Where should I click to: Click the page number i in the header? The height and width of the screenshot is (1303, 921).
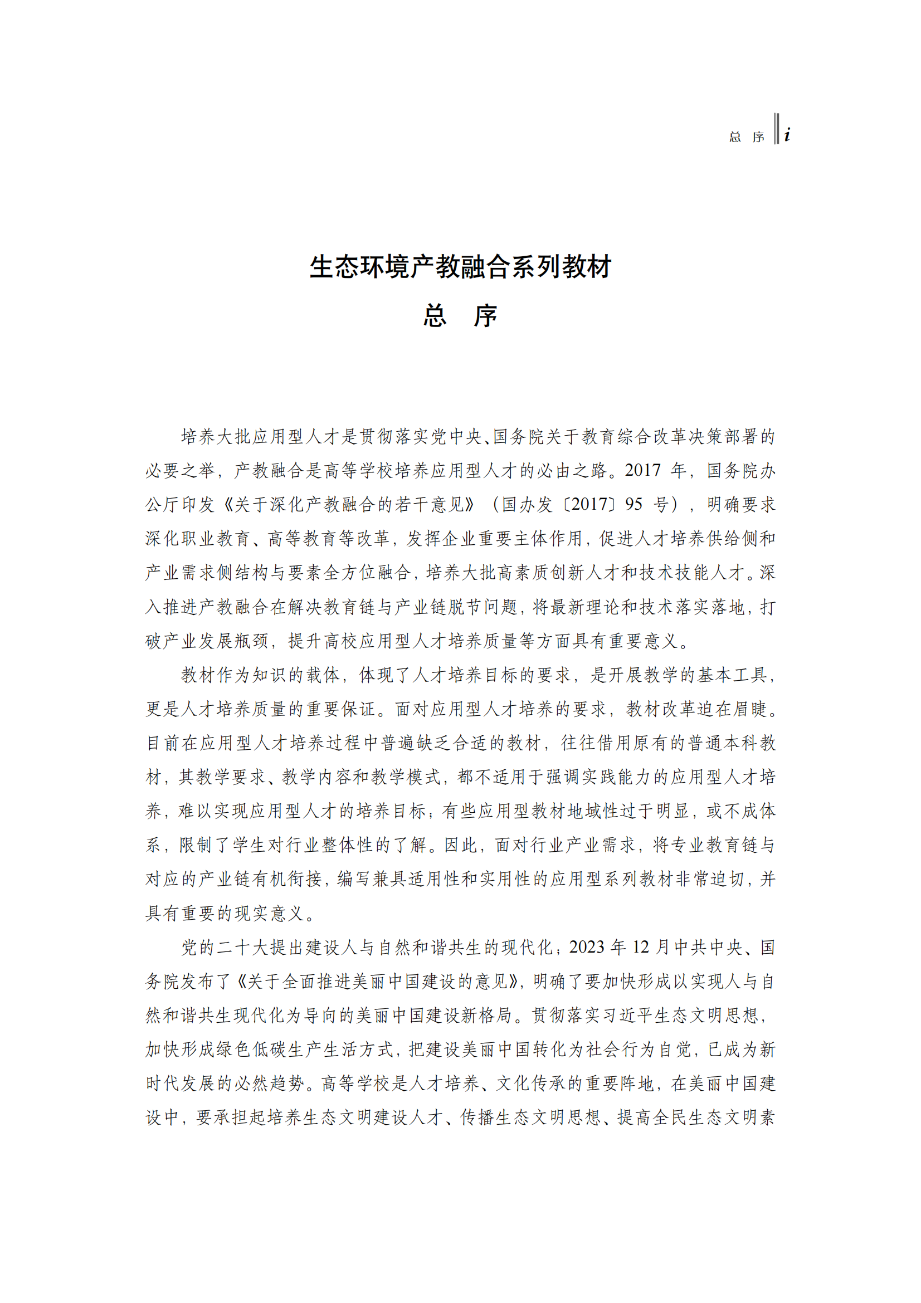(x=787, y=135)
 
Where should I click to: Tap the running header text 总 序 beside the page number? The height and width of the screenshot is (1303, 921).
(x=746, y=137)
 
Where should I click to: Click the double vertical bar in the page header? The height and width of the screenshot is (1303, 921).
(x=776, y=129)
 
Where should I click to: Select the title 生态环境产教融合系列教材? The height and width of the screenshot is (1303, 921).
(x=460, y=267)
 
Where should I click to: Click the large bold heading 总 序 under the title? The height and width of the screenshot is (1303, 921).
(x=460, y=315)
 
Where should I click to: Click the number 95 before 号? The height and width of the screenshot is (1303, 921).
(x=634, y=504)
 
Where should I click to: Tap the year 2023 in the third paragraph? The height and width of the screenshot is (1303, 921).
(x=587, y=946)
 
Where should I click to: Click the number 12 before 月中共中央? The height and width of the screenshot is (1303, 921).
(x=641, y=946)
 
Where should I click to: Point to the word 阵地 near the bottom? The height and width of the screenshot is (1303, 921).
(x=637, y=1083)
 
